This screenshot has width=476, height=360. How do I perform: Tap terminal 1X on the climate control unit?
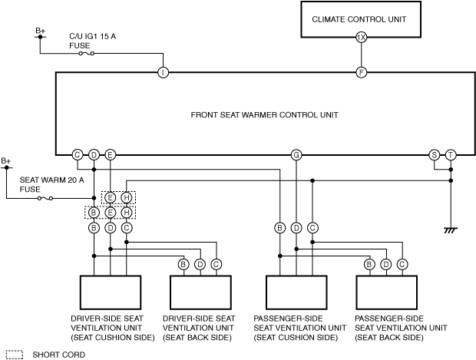click(362, 38)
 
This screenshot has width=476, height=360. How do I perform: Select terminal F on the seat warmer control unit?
click(362, 73)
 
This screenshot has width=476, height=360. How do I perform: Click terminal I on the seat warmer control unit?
click(163, 73)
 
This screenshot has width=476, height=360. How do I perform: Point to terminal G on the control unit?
click(296, 155)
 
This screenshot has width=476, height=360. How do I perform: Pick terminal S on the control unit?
click(435, 155)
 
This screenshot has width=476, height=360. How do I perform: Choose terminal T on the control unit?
click(451, 155)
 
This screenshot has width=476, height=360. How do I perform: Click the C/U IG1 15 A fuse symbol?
click(87, 54)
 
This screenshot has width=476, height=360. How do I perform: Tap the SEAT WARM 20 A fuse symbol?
click(45, 199)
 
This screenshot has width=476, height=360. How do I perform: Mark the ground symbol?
click(451, 230)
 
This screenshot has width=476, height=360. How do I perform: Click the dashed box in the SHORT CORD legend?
click(15, 352)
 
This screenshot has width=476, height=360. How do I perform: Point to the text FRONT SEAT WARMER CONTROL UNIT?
click(264, 115)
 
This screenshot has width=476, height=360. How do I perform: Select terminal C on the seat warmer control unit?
click(78, 155)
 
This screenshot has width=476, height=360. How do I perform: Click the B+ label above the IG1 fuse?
click(41, 31)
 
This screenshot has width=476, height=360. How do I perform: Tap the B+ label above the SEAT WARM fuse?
click(6, 161)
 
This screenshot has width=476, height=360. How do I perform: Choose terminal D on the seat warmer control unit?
click(94, 155)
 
